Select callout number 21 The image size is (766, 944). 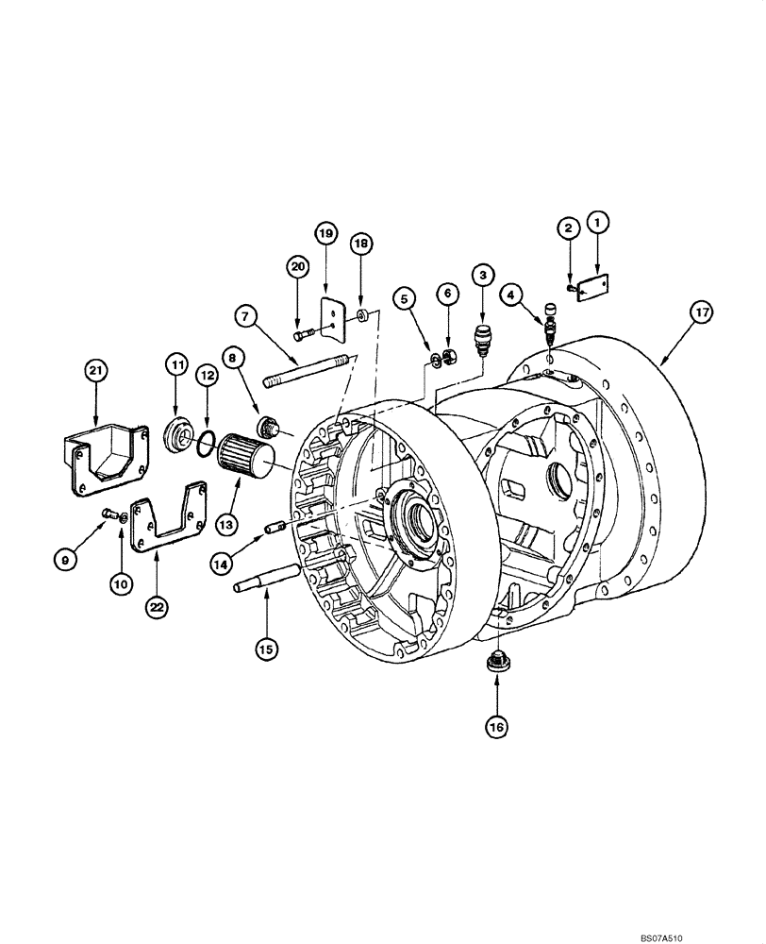94,371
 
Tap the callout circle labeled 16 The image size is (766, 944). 496,726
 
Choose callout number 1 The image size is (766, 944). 597,223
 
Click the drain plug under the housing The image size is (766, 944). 496,664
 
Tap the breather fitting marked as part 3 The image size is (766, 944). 482,338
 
